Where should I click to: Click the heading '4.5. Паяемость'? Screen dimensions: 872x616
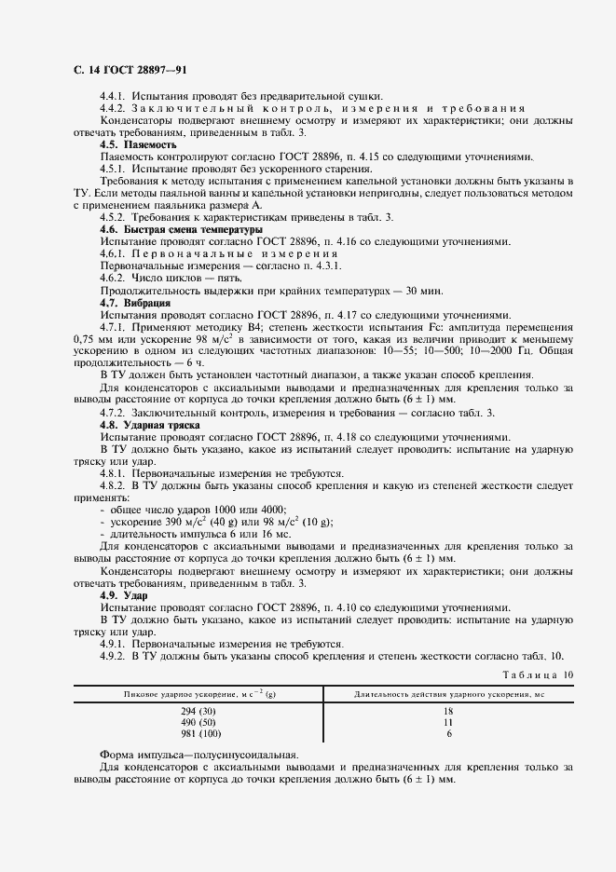[x=138, y=144]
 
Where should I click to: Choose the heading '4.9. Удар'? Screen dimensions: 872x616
[x=125, y=595]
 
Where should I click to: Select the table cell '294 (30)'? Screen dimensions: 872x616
[x=198, y=711]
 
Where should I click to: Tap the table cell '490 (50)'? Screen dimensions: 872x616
[x=198, y=722]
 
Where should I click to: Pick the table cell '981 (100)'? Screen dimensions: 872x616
[x=198, y=733]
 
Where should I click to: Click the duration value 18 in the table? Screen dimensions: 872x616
[x=449, y=711]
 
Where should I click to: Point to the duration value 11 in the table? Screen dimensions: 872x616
[x=449, y=722]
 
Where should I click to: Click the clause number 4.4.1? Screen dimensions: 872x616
[x=113, y=96]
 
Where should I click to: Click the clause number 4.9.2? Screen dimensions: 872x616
[x=113, y=656]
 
